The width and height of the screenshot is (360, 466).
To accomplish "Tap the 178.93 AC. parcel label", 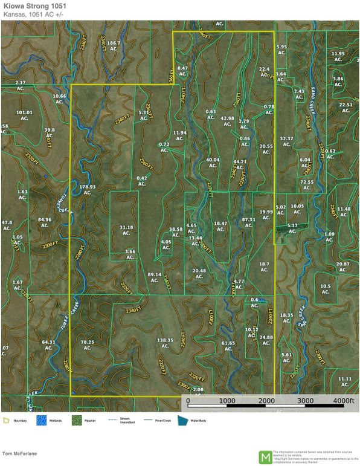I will coord(88,190).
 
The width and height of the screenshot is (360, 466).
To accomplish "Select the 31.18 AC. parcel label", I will coord(126,230).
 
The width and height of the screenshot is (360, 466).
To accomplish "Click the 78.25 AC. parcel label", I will coord(88,345).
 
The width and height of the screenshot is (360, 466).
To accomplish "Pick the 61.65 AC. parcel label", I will coord(228,346).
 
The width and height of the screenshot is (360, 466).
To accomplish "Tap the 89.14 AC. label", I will coord(155,277).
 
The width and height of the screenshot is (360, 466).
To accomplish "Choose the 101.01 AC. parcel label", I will coord(24,115).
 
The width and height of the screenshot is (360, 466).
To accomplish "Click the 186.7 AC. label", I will coord(114,47).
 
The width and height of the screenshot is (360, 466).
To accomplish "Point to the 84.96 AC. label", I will coord(45,222).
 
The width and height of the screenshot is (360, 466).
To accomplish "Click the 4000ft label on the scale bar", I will coord(343,401).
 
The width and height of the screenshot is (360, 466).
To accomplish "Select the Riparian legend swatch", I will coord(77,419).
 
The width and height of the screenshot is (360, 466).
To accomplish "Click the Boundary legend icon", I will coord(5,419).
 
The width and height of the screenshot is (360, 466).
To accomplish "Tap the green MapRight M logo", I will coord(265,456).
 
